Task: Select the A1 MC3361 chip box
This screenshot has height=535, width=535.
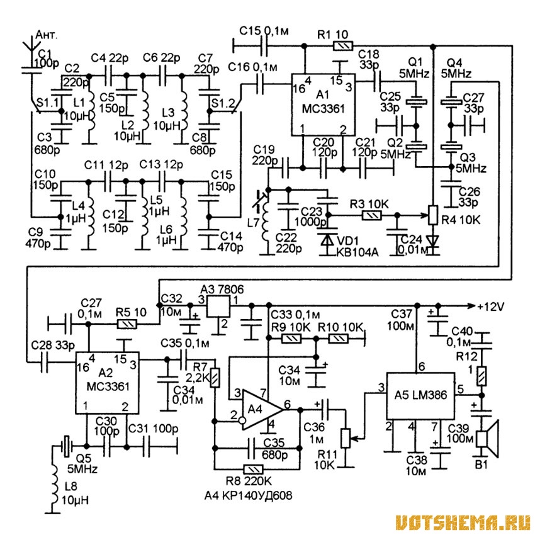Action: (323, 104)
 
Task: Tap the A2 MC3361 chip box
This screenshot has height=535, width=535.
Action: (107, 383)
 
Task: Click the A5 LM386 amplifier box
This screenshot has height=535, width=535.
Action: (420, 396)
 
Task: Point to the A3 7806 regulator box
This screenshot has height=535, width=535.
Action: (218, 306)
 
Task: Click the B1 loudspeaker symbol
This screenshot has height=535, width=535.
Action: (487, 439)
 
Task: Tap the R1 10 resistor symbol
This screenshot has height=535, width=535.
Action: (342, 46)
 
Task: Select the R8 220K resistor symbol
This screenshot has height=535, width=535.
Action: (253, 470)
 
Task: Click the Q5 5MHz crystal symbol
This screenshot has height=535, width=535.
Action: (67, 446)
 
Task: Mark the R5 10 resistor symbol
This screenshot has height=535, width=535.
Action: (127, 324)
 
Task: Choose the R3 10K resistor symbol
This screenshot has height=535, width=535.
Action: (371, 215)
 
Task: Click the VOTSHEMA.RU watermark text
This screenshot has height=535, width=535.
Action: (463, 522)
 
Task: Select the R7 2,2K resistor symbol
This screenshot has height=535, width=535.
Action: (215, 378)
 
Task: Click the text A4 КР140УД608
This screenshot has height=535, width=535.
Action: (249, 495)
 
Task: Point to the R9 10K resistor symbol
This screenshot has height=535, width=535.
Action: (291, 339)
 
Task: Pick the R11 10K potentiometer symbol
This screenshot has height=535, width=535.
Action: (346, 438)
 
